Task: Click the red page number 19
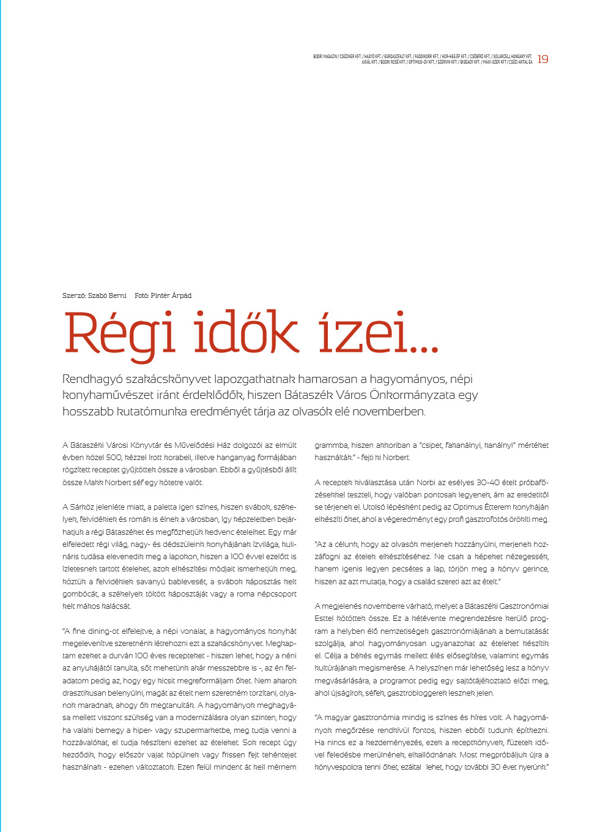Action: (x=543, y=59)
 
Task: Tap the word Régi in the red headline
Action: (x=120, y=334)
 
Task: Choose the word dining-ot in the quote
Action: (x=104, y=631)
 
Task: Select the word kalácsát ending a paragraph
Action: (x=116, y=606)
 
